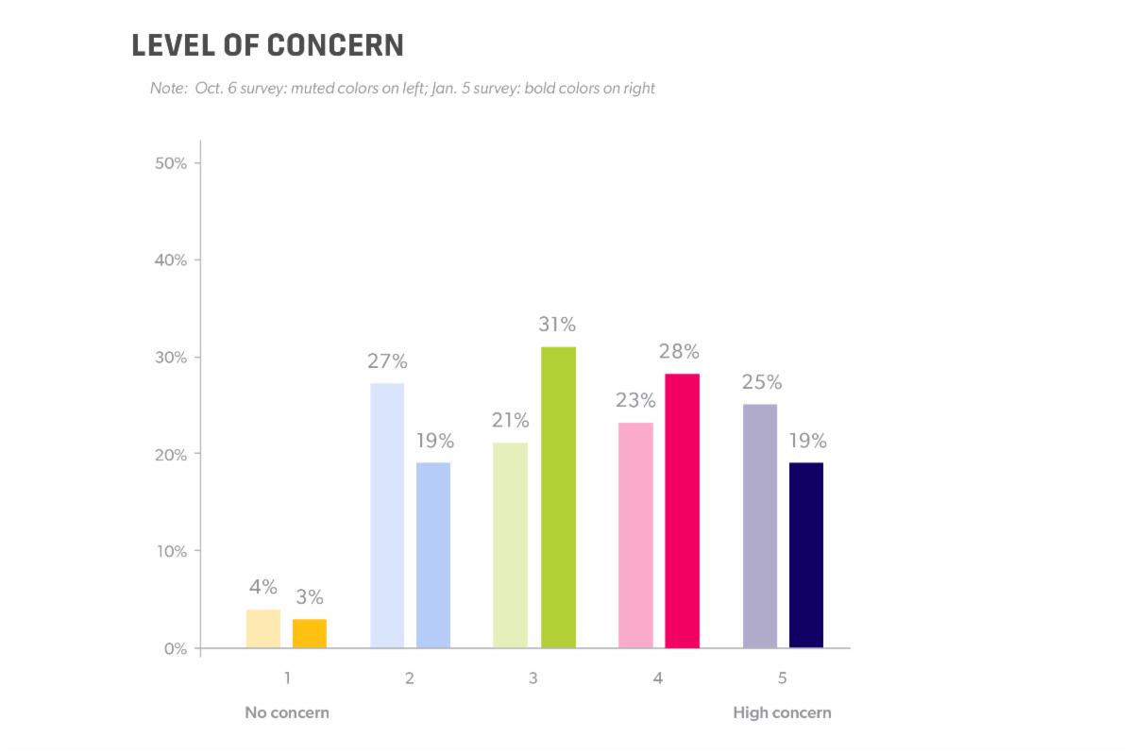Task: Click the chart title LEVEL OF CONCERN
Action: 267,45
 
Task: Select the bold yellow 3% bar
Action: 310,633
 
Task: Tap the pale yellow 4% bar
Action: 263,628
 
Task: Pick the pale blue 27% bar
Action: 387,515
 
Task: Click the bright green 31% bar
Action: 558,497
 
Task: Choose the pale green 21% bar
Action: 511,545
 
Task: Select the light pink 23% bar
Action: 635,535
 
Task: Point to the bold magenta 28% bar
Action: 682,510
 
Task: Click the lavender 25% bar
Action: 760,526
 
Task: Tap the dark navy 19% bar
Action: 806,555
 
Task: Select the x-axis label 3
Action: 533,678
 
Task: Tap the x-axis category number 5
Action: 782,678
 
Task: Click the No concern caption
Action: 287,712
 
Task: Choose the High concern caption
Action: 782,712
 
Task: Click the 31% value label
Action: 557,325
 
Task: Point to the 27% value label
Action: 388,361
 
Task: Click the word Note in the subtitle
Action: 166,89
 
